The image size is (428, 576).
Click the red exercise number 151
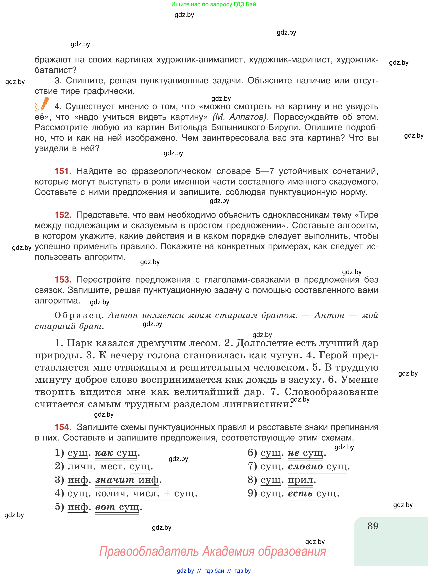[x=63, y=171]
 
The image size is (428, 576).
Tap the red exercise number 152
[x=63, y=215]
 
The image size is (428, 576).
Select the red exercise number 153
[x=63, y=280]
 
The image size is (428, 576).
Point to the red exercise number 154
[x=63, y=427]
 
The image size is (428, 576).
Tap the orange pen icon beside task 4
[x=42, y=104]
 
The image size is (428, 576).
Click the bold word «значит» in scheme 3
[x=115, y=480]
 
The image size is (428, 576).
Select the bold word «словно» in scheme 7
[x=305, y=466]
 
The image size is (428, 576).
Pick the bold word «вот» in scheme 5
[x=105, y=507]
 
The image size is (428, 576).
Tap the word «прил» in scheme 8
[x=300, y=480]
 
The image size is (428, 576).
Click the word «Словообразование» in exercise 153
[x=331, y=392]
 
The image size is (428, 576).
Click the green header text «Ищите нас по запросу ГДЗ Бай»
[x=213, y=4]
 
